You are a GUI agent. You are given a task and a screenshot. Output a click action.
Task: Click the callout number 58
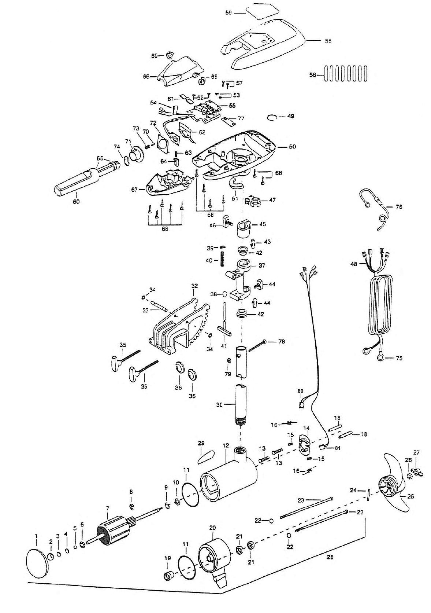click(x=328, y=41)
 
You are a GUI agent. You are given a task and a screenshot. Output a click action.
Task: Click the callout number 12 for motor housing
click(x=226, y=445)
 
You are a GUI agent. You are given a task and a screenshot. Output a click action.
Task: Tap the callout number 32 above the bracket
click(x=194, y=286)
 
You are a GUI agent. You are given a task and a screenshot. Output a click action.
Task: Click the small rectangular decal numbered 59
click(x=262, y=12)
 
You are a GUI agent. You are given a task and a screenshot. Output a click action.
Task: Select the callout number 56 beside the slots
click(x=313, y=75)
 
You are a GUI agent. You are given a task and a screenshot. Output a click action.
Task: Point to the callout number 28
click(x=330, y=557)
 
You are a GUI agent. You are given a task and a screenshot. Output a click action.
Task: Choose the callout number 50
click(x=292, y=147)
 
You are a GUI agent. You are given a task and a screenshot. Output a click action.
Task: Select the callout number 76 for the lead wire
click(x=399, y=207)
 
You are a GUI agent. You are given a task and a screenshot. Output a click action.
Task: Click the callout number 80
click(x=300, y=391)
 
